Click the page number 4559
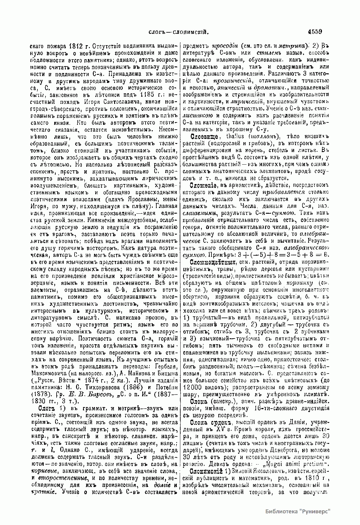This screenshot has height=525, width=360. (x=314, y=32)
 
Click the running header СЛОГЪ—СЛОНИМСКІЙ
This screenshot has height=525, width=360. (x=179, y=32)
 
